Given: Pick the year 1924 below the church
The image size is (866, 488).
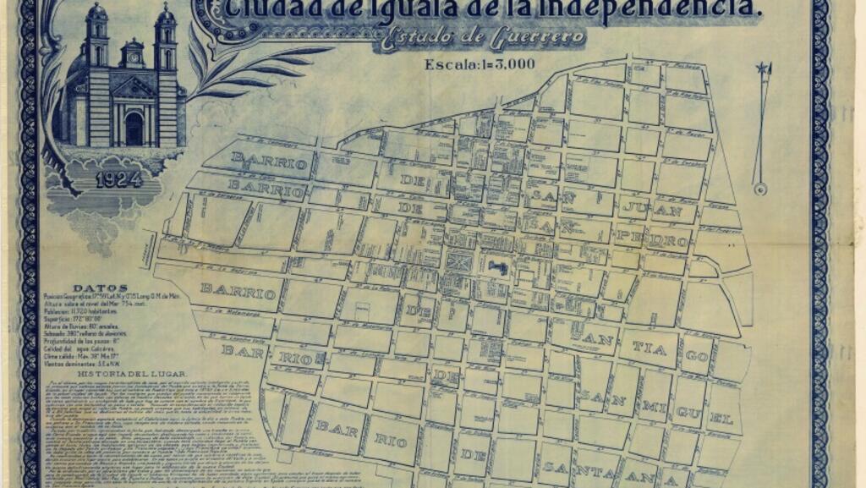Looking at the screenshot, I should pos(118,179).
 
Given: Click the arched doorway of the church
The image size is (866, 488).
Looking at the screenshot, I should pos(134,129).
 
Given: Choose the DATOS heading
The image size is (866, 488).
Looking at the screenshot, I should pos(101,288).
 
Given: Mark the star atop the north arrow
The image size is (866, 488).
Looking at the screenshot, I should pos(764,69).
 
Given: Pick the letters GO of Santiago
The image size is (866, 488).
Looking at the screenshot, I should pos(696,356).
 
